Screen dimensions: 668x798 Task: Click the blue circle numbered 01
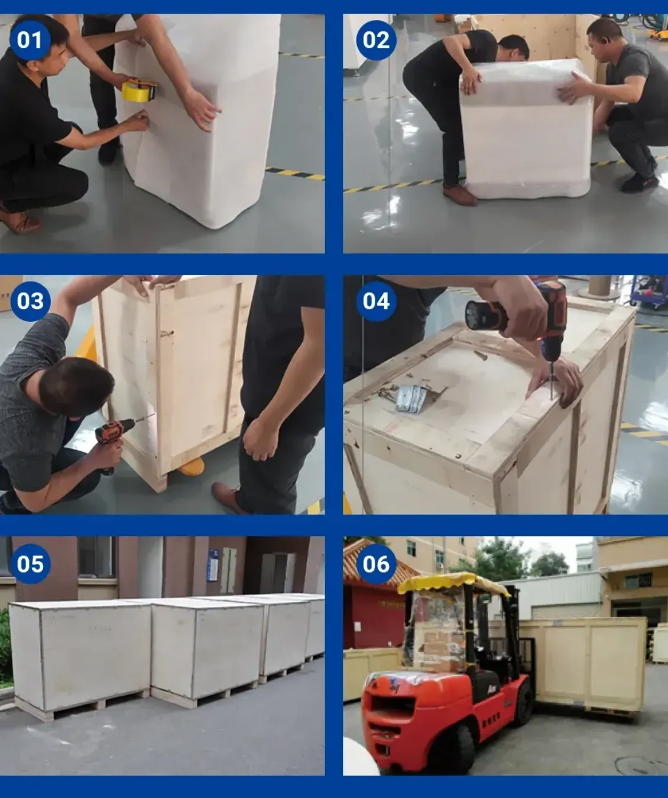pyautogui.click(x=30, y=40)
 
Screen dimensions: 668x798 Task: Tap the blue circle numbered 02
pyautogui.click(x=376, y=40)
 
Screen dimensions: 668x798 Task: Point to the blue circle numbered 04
pyautogui.click(x=376, y=301)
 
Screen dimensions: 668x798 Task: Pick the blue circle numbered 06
pyautogui.click(x=376, y=564)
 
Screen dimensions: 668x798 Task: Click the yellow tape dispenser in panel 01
pyautogui.click(x=139, y=91)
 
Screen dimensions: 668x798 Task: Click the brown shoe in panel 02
pyautogui.click(x=459, y=195)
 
